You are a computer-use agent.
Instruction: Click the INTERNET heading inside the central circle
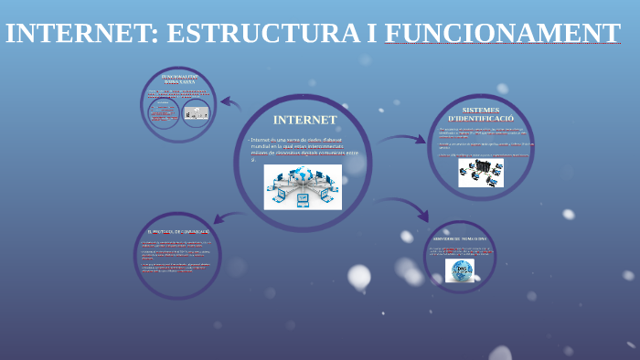304,120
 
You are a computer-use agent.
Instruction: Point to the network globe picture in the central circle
303,186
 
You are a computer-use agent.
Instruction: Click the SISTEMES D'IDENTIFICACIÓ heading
481,114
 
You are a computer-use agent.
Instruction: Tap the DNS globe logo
460,270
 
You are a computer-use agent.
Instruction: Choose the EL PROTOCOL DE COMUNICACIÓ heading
178,232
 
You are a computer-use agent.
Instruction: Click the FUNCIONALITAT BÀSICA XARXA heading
179,79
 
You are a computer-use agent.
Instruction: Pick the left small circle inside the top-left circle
165,113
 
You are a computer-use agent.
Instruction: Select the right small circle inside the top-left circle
196,113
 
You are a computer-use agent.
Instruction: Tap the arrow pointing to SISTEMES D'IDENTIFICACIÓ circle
404,140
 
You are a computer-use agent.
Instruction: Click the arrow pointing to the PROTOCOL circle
227,217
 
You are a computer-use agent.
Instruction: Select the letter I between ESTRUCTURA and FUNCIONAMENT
371,34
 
